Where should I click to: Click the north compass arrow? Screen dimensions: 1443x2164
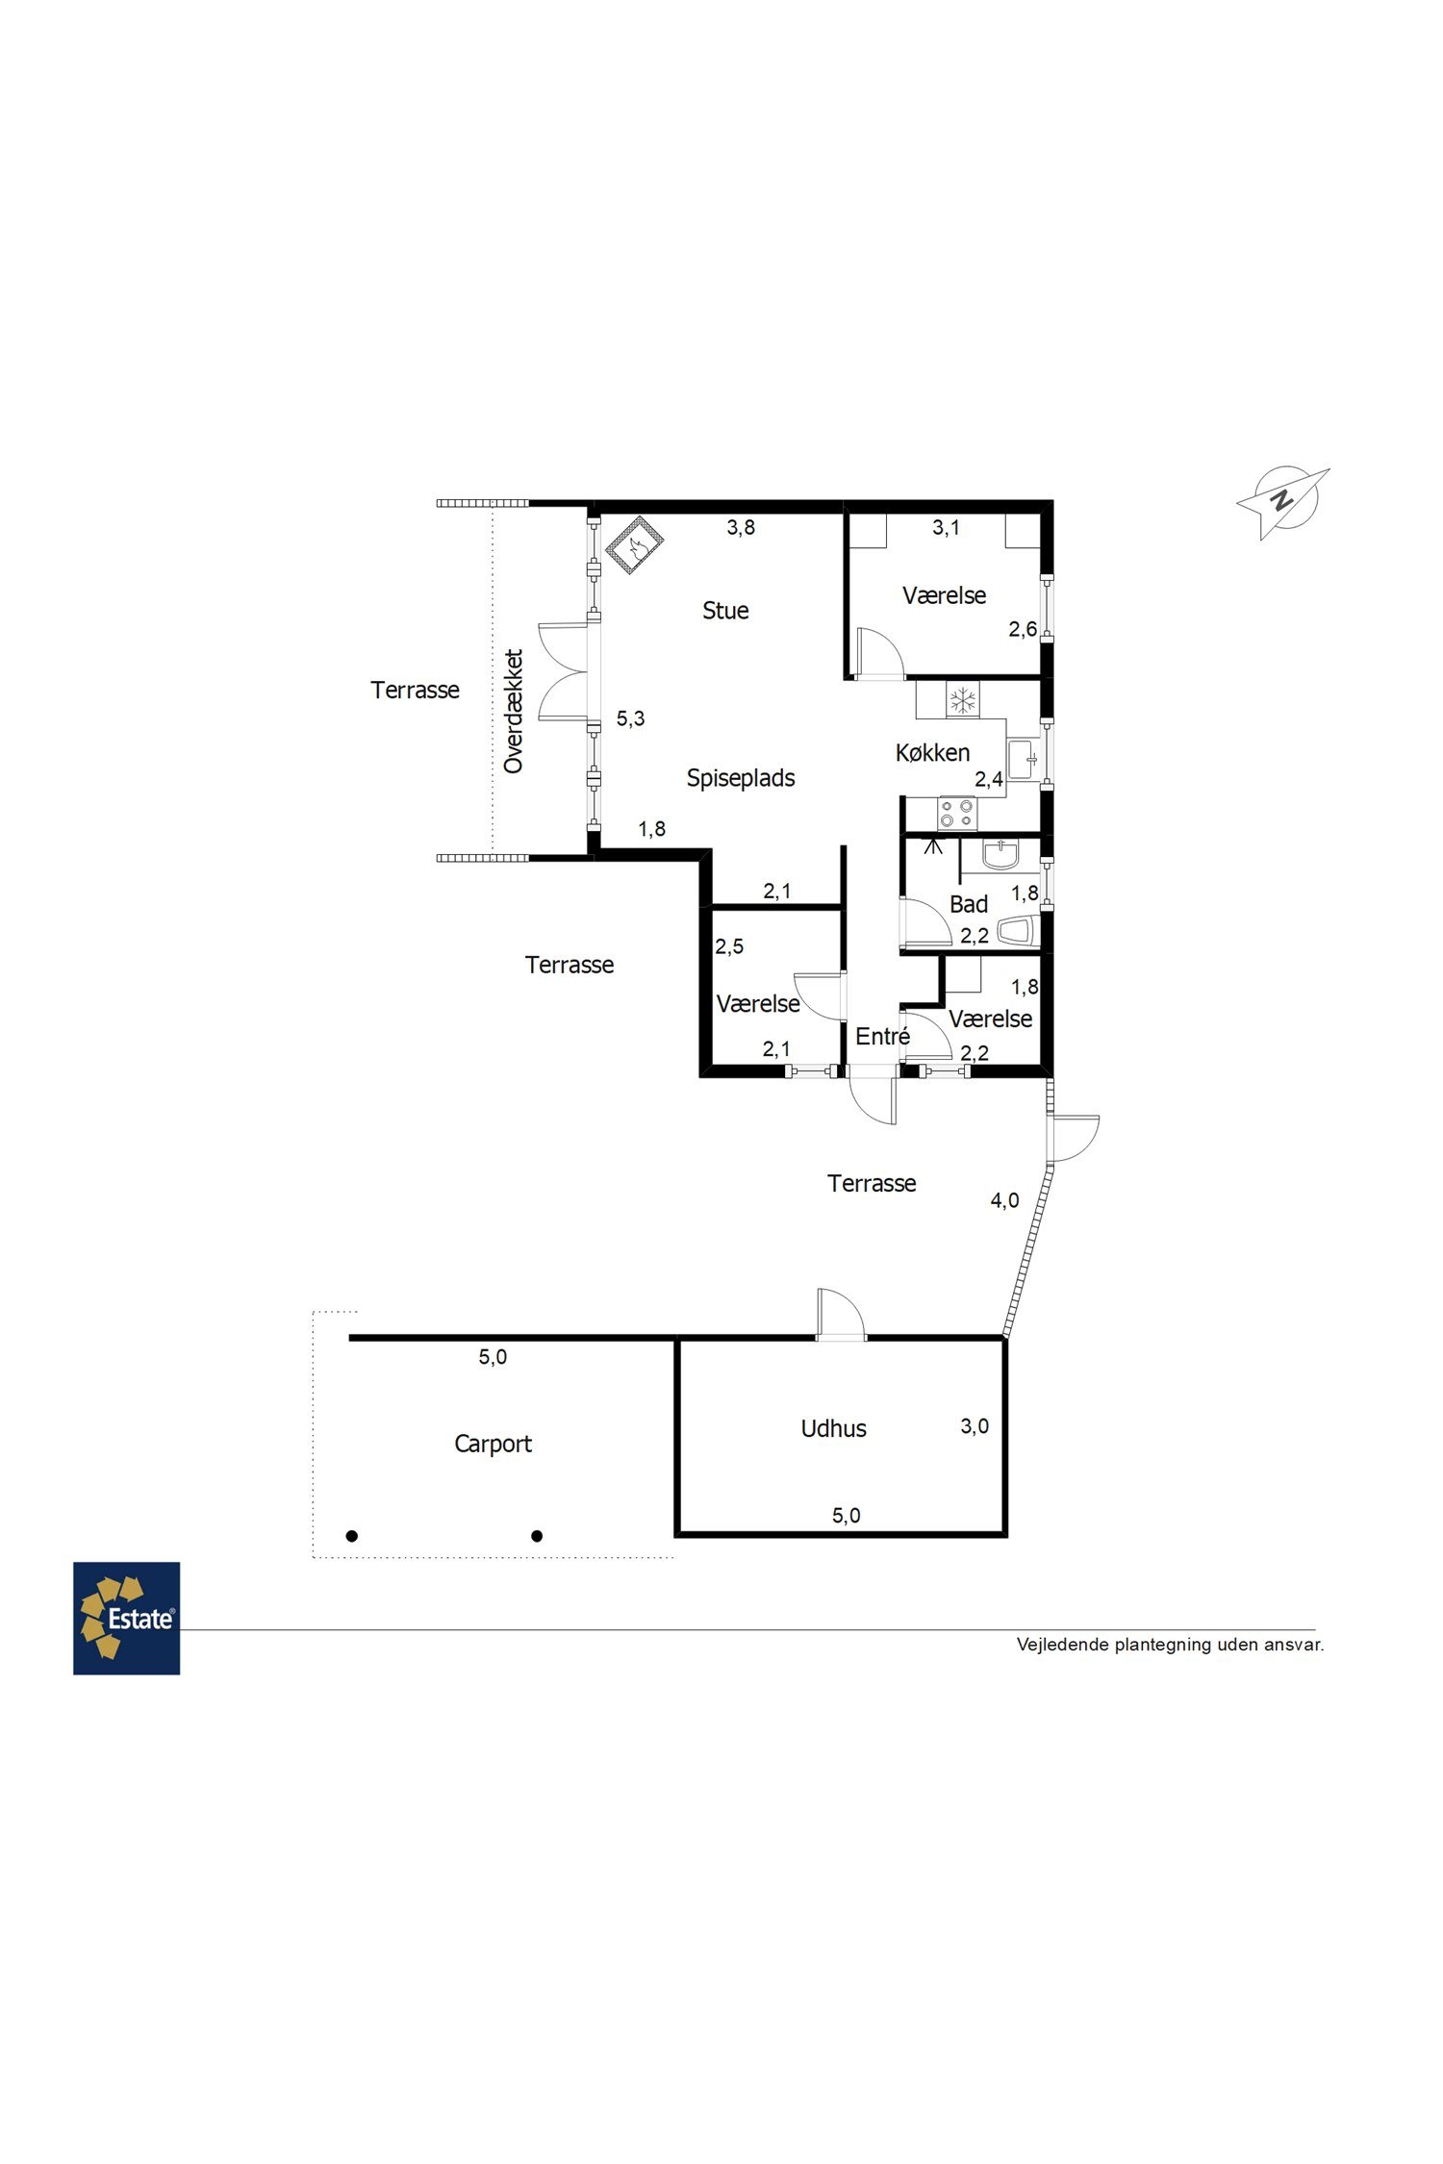point(1282,502)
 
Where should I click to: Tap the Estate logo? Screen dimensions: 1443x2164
point(127,1618)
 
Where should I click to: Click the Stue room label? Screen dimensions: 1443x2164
point(725,611)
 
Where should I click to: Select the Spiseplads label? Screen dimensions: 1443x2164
point(741,778)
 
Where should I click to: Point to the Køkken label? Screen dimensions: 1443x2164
point(932,753)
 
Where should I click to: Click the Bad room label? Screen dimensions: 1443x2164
point(969,904)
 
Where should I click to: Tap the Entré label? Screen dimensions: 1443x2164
point(882,1036)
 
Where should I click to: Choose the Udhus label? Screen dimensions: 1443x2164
point(833,1428)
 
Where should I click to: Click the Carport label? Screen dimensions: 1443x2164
point(493,1444)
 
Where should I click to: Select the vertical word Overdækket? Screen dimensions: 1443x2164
point(514,711)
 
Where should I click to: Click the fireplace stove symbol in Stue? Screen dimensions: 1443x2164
point(635,545)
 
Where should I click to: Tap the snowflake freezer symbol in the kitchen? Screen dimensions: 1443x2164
point(962,700)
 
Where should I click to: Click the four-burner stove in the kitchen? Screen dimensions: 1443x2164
point(957,814)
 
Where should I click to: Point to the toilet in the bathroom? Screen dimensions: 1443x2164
point(1017,931)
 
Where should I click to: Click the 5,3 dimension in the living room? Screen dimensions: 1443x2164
point(630,718)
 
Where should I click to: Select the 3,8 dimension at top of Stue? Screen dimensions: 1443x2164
point(741,527)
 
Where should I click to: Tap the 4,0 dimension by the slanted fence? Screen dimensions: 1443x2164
point(1004,1200)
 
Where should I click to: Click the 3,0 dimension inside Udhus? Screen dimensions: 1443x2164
point(975,1426)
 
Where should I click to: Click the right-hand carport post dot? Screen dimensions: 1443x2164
point(537,1536)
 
